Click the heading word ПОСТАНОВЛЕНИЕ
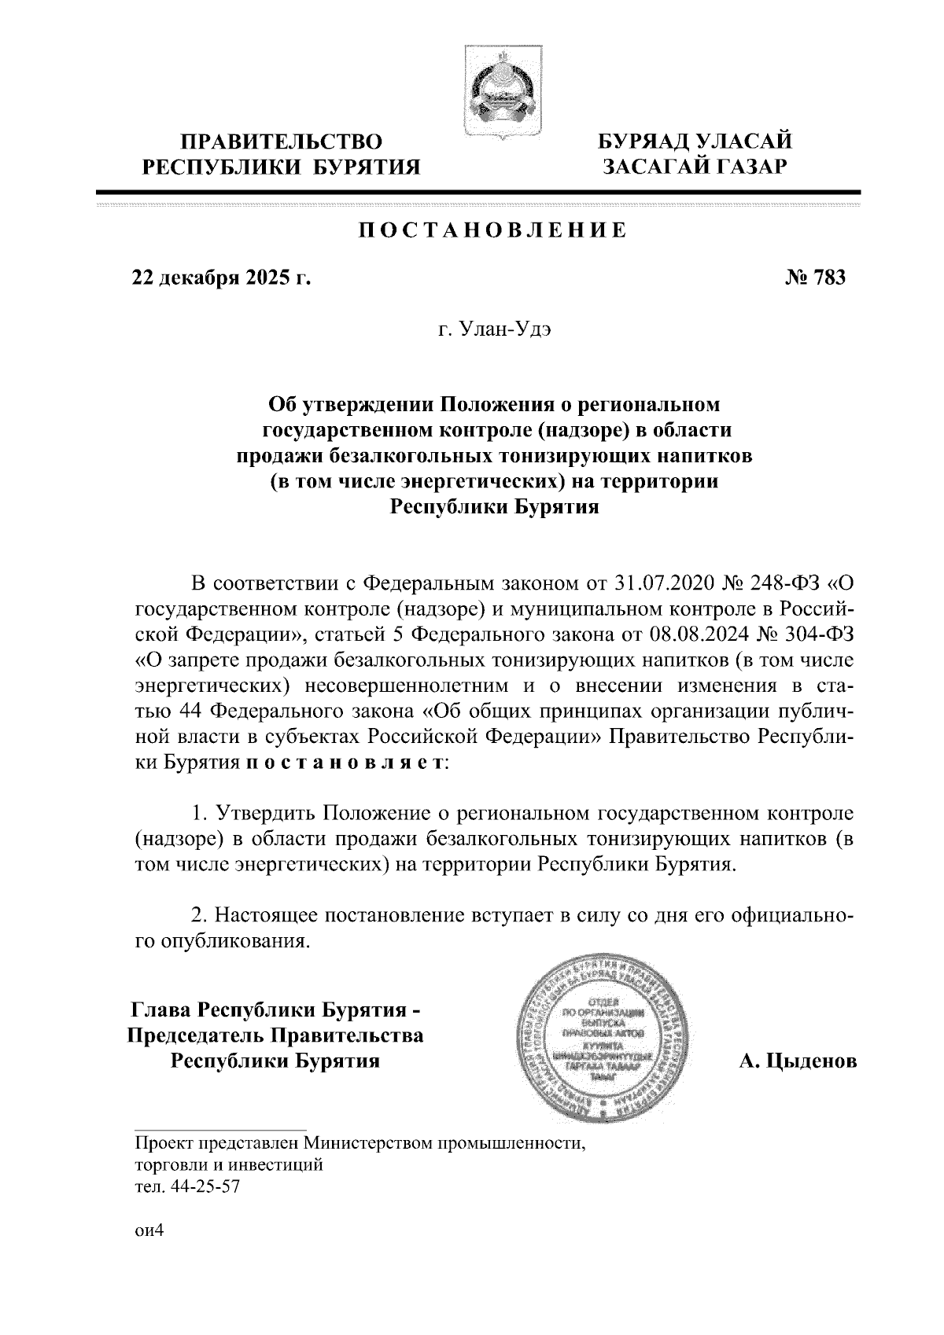point(493,230)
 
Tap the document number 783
point(826,278)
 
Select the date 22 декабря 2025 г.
point(223,278)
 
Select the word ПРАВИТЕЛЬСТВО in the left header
point(282,142)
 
